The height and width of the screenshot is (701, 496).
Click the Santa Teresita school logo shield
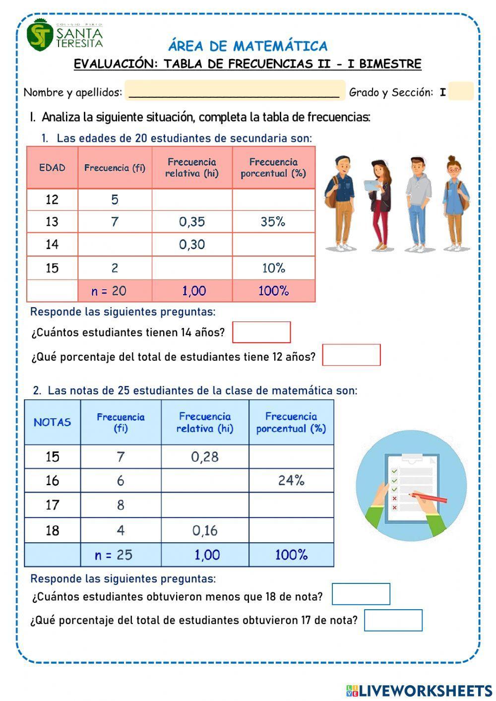pyautogui.click(x=40, y=35)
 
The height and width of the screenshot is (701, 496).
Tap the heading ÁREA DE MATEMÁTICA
pyautogui.click(x=248, y=46)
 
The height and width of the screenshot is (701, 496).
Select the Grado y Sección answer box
pyautogui.click(x=461, y=92)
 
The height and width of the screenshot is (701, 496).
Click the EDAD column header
pyautogui.click(x=52, y=168)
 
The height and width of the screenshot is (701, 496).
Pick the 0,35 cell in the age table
pyautogui.click(x=192, y=222)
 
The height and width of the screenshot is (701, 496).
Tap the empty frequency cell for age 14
pyautogui.click(x=115, y=245)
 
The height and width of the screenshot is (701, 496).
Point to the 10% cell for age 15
pyautogui.click(x=273, y=268)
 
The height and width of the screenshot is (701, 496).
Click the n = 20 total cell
pyautogui.click(x=109, y=291)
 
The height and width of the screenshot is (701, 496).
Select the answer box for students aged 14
pyautogui.click(x=261, y=332)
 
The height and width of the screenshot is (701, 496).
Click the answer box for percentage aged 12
pyautogui.click(x=351, y=355)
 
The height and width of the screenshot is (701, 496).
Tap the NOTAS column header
pyautogui.click(x=52, y=422)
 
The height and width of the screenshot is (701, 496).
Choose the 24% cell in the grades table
pyautogui.click(x=291, y=480)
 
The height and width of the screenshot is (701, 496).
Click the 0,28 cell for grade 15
pyautogui.click(x=205, y=456)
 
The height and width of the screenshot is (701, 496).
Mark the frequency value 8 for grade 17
pyautogui.click(x=121, y=505)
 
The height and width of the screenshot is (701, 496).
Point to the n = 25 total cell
pyautogui.click(x=114, y=555)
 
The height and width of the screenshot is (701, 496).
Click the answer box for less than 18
pyautogui.click(x=361, y=594)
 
